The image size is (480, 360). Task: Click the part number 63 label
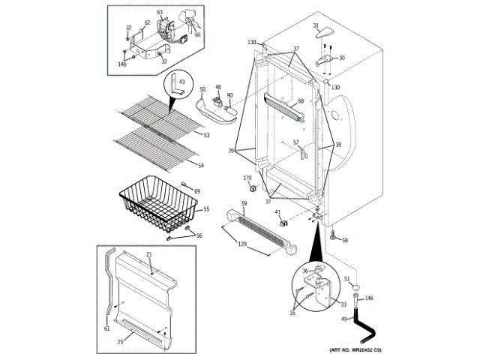[x=159, y=13]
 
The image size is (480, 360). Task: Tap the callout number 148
[x=122, y=64]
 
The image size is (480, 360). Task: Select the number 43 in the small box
[x=181, y=80]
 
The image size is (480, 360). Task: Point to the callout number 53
[x=205, y=135]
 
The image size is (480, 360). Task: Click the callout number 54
[x=200, y=166]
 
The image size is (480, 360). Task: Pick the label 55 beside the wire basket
[x=206, y=209]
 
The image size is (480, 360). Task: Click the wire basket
[x=154, y=202]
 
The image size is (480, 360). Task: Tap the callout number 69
[x=197, y=192]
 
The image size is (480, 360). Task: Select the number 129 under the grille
[x=241, y=244]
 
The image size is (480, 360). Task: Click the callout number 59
[x=244, y=202]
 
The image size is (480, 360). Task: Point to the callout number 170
[x=247, y=178]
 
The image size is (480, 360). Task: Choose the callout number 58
[x=345, y=240]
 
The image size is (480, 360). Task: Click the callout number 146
[x=369, y=298]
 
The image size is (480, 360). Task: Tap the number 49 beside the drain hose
[x=343, y=320]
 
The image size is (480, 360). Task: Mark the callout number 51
[x=347, y=279]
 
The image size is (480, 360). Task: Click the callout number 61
[x=106, y=328]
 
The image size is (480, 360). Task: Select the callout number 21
[x=148, y=255]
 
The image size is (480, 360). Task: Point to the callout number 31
[x=316, y=26]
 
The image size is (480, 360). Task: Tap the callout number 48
[x=218, y=88]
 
